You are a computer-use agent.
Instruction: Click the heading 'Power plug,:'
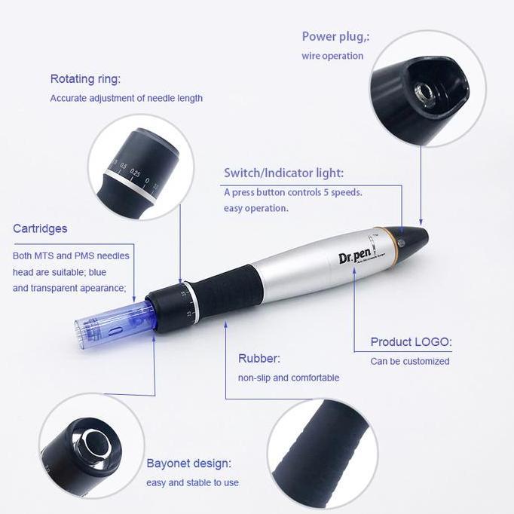[x=335, y=37]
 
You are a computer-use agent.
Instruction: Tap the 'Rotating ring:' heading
[x=85, y=79]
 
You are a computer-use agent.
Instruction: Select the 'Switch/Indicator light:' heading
[x=283, y=173]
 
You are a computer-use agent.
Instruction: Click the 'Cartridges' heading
[x=40, y=228]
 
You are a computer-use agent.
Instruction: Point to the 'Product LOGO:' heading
[x=411, y=342]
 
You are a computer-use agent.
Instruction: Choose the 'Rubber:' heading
[x=259, y=359]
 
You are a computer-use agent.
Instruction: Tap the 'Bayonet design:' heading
[x=188, y=464]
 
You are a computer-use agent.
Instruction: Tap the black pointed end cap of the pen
[x=415, y=237]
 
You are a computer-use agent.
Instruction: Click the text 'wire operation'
[x=332, y=56]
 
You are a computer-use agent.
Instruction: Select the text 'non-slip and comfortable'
[x=289, y=378]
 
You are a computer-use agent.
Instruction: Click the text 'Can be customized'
[x=409, y=361]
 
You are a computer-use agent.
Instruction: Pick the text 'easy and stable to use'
[x=192, y=482]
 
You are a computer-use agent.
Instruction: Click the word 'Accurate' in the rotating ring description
[x=69, y=98]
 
